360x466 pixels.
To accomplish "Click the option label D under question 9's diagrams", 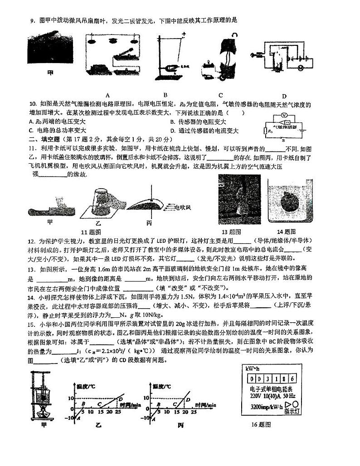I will click(284, 96).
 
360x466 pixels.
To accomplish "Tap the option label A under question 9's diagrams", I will click(108, 95).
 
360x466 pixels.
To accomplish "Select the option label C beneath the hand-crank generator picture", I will click(220, 95).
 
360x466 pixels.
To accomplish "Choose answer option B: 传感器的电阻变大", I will click(198, 122).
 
